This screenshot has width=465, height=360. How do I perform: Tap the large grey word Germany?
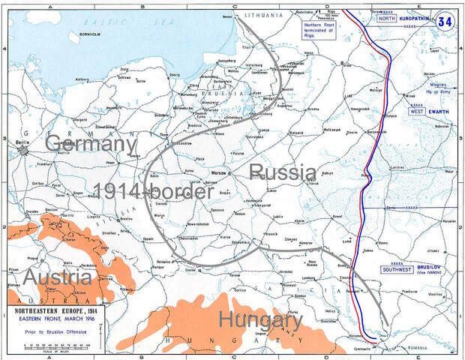[x=91, y=143]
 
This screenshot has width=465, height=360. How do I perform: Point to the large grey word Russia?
[x=282, y=172]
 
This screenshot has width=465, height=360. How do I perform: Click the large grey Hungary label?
[x=260, y=321]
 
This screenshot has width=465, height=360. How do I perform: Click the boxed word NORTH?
[x=387, y=18]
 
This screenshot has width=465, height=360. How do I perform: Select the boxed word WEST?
[x=418, y=111]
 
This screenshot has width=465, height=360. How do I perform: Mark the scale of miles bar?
[x=52, y=346]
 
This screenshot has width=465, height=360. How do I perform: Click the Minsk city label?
[x=409, y=97]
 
